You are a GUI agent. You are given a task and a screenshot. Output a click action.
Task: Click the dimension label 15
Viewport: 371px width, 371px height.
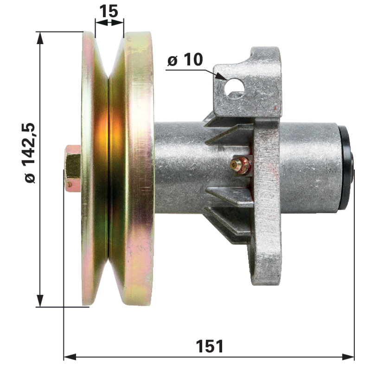[x=109, y=11]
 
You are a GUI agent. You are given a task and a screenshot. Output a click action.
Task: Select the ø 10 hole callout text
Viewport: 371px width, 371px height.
[x=185, y=59]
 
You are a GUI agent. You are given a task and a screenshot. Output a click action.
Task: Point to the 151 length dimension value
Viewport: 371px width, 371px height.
[x=210, y=346]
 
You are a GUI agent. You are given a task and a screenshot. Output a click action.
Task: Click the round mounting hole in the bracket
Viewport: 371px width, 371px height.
[x=234, y=89]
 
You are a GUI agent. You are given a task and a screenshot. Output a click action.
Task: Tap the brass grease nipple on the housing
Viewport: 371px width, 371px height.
[x=241, y=164]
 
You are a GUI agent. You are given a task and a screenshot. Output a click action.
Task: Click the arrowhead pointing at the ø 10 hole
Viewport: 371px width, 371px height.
[x=221, y=76]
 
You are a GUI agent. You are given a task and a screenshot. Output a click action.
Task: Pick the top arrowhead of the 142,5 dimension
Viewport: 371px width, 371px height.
[x=40, y=38]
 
